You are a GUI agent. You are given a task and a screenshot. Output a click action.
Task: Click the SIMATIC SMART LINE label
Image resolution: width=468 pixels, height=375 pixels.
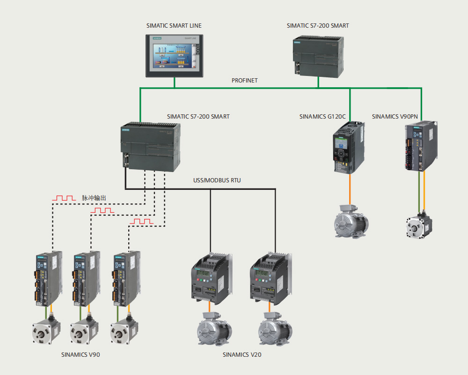point(174,26)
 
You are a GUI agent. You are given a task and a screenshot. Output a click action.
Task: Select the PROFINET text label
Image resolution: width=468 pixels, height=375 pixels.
point(245,81)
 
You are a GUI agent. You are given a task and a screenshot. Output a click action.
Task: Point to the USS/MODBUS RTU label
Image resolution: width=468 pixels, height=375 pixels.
point(217,180)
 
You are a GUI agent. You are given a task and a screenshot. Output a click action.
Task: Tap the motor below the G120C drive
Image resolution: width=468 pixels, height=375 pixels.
point(351,222)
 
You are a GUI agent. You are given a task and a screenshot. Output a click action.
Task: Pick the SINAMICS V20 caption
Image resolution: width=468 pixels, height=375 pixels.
point(242,355)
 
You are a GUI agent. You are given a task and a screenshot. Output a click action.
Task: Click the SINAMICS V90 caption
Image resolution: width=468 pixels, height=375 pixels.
point(80,355)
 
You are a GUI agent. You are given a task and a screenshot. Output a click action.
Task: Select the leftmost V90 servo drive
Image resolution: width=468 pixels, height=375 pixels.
point(48,278)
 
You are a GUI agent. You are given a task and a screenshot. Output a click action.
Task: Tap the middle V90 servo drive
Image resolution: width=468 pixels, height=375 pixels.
point(87,278)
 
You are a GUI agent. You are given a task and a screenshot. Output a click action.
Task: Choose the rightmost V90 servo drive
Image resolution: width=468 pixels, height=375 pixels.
point(127,278)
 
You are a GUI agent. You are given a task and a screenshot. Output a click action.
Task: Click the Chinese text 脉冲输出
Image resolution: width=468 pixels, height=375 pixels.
point(94,198)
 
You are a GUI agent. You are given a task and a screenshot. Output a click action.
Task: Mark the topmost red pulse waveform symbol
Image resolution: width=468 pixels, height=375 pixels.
point(64,199)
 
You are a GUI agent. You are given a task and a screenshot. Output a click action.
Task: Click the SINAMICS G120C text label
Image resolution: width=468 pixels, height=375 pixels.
point(322,116)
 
